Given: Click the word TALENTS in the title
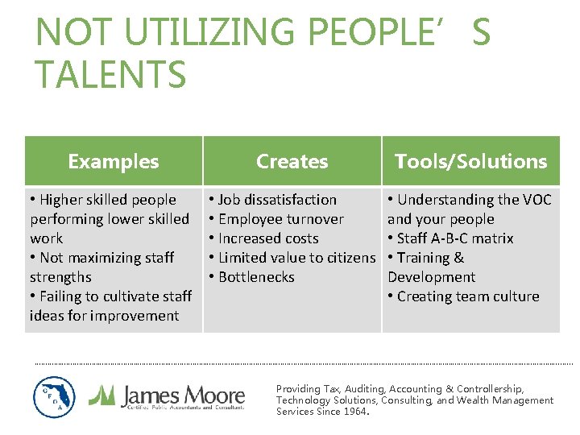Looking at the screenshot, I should pyautogui.click(x=111, y=74).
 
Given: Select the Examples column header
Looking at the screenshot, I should pyautogui.click(x=114, y=161).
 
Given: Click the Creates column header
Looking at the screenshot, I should pyautogui.click(x=292, y=161).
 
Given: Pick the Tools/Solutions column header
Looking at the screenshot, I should pyautogui.click(x=470, y=161).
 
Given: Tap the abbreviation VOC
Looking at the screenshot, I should pyautogui.click(x=536, y=200).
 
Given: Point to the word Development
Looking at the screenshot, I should pyautogui.click(x=431, y=277).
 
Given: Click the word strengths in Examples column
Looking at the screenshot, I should pyautogui.click(x=60, y=277).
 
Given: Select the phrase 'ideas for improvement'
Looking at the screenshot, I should pyautogui.click(x=104, y=316).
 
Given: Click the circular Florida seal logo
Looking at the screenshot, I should pyautogui.click(x=54, y=396).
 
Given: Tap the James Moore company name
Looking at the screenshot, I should pyautogui.click(x=182, y=395).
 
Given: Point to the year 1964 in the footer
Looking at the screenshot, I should pyautogui.click(x=355, y=412).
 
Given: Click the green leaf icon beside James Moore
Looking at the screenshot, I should pyautogui.click(x=102, y=395).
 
